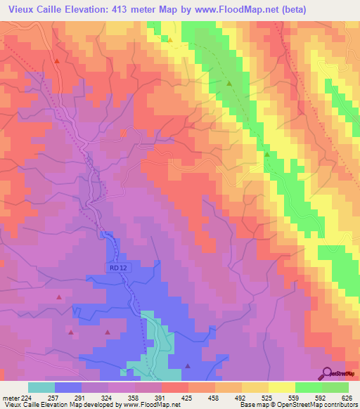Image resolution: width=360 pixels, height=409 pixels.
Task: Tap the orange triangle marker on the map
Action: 170,39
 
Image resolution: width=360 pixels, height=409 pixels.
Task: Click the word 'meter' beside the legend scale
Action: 11,397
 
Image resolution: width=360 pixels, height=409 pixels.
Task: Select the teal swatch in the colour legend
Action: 41,387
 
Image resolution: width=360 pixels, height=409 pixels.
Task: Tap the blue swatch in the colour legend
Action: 68,387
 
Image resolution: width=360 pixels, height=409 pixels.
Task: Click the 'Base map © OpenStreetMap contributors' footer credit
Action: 298,405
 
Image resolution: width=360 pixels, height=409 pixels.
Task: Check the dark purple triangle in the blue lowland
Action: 188,365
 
